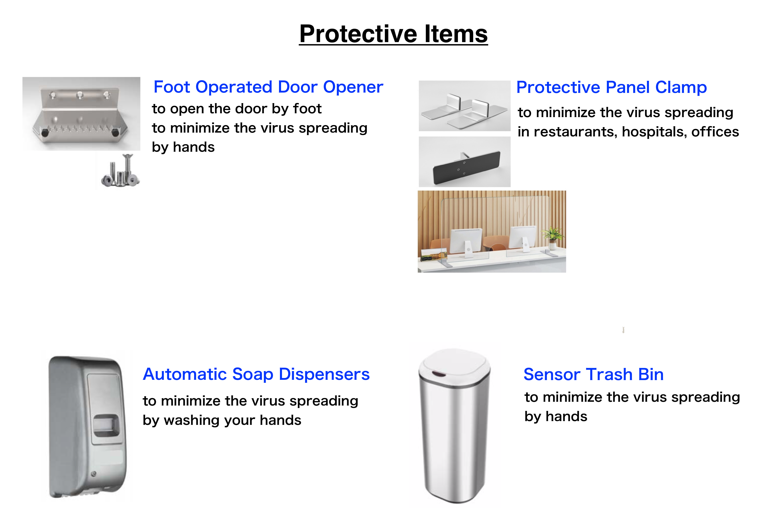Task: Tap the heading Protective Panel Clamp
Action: (x=611, y=88)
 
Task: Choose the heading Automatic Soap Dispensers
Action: (x=256, y=374)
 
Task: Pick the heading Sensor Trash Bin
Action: (x=594, y=374)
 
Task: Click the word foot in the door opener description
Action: (x=307, y=109)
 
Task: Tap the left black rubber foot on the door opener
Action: (x=45, y=133)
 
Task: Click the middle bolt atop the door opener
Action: (x=79, y=95)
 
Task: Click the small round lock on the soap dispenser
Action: (x=94, y=474)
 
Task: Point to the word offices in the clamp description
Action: (x=715, y=132)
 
